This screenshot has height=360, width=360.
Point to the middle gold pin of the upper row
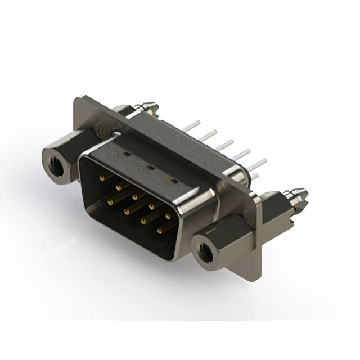(134, 197)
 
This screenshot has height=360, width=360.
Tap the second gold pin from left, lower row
(126, 210)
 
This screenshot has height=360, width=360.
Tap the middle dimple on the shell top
(150, 166)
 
